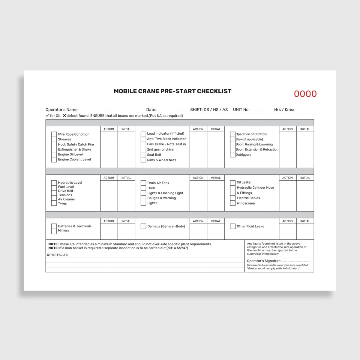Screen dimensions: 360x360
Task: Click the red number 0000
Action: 305,94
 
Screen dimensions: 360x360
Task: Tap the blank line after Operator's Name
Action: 110,110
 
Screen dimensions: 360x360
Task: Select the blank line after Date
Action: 171,110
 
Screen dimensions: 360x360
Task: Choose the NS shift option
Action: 216,109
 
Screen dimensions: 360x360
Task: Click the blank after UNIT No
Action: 259,110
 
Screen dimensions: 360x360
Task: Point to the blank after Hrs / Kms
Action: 304,110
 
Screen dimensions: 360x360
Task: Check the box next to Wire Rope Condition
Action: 54,134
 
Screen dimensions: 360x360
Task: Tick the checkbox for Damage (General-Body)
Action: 143,226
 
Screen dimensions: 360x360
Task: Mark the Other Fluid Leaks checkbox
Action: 233,226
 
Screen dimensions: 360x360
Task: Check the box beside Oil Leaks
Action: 233,182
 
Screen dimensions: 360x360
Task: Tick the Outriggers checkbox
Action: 233,155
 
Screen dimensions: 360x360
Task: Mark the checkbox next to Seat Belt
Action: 143,155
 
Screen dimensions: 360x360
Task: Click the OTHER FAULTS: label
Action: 58,255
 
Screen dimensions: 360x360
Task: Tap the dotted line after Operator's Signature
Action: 296,261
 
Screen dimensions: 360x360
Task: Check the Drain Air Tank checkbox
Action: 143,183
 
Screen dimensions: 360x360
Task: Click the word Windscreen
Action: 246,203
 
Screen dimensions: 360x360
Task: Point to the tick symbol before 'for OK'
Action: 47,115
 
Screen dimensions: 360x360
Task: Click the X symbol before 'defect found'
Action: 64,115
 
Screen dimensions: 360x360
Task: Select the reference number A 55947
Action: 180,248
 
